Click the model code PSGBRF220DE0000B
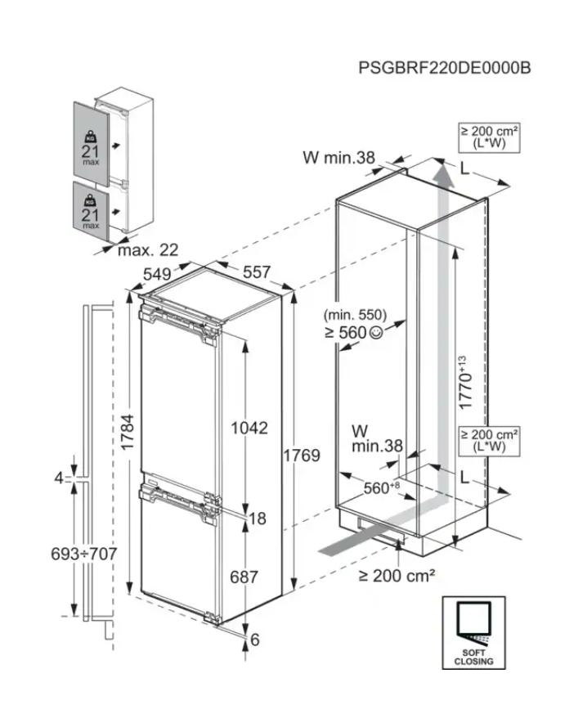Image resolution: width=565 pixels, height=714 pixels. coord(444,66)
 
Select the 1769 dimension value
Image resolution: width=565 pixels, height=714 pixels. coord(302,456)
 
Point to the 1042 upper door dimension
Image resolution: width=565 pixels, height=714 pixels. coord(249,428)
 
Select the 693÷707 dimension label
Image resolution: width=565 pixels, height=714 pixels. coord(82,554)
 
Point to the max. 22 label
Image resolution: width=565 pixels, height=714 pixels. coord(147,249)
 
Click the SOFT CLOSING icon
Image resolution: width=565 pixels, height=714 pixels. coord(474,631)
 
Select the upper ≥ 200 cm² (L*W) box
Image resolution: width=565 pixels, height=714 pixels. coord(489,137)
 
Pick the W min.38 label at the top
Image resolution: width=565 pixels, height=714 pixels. coord(338,159)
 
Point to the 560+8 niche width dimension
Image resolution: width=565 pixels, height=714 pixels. coord(381,488)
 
